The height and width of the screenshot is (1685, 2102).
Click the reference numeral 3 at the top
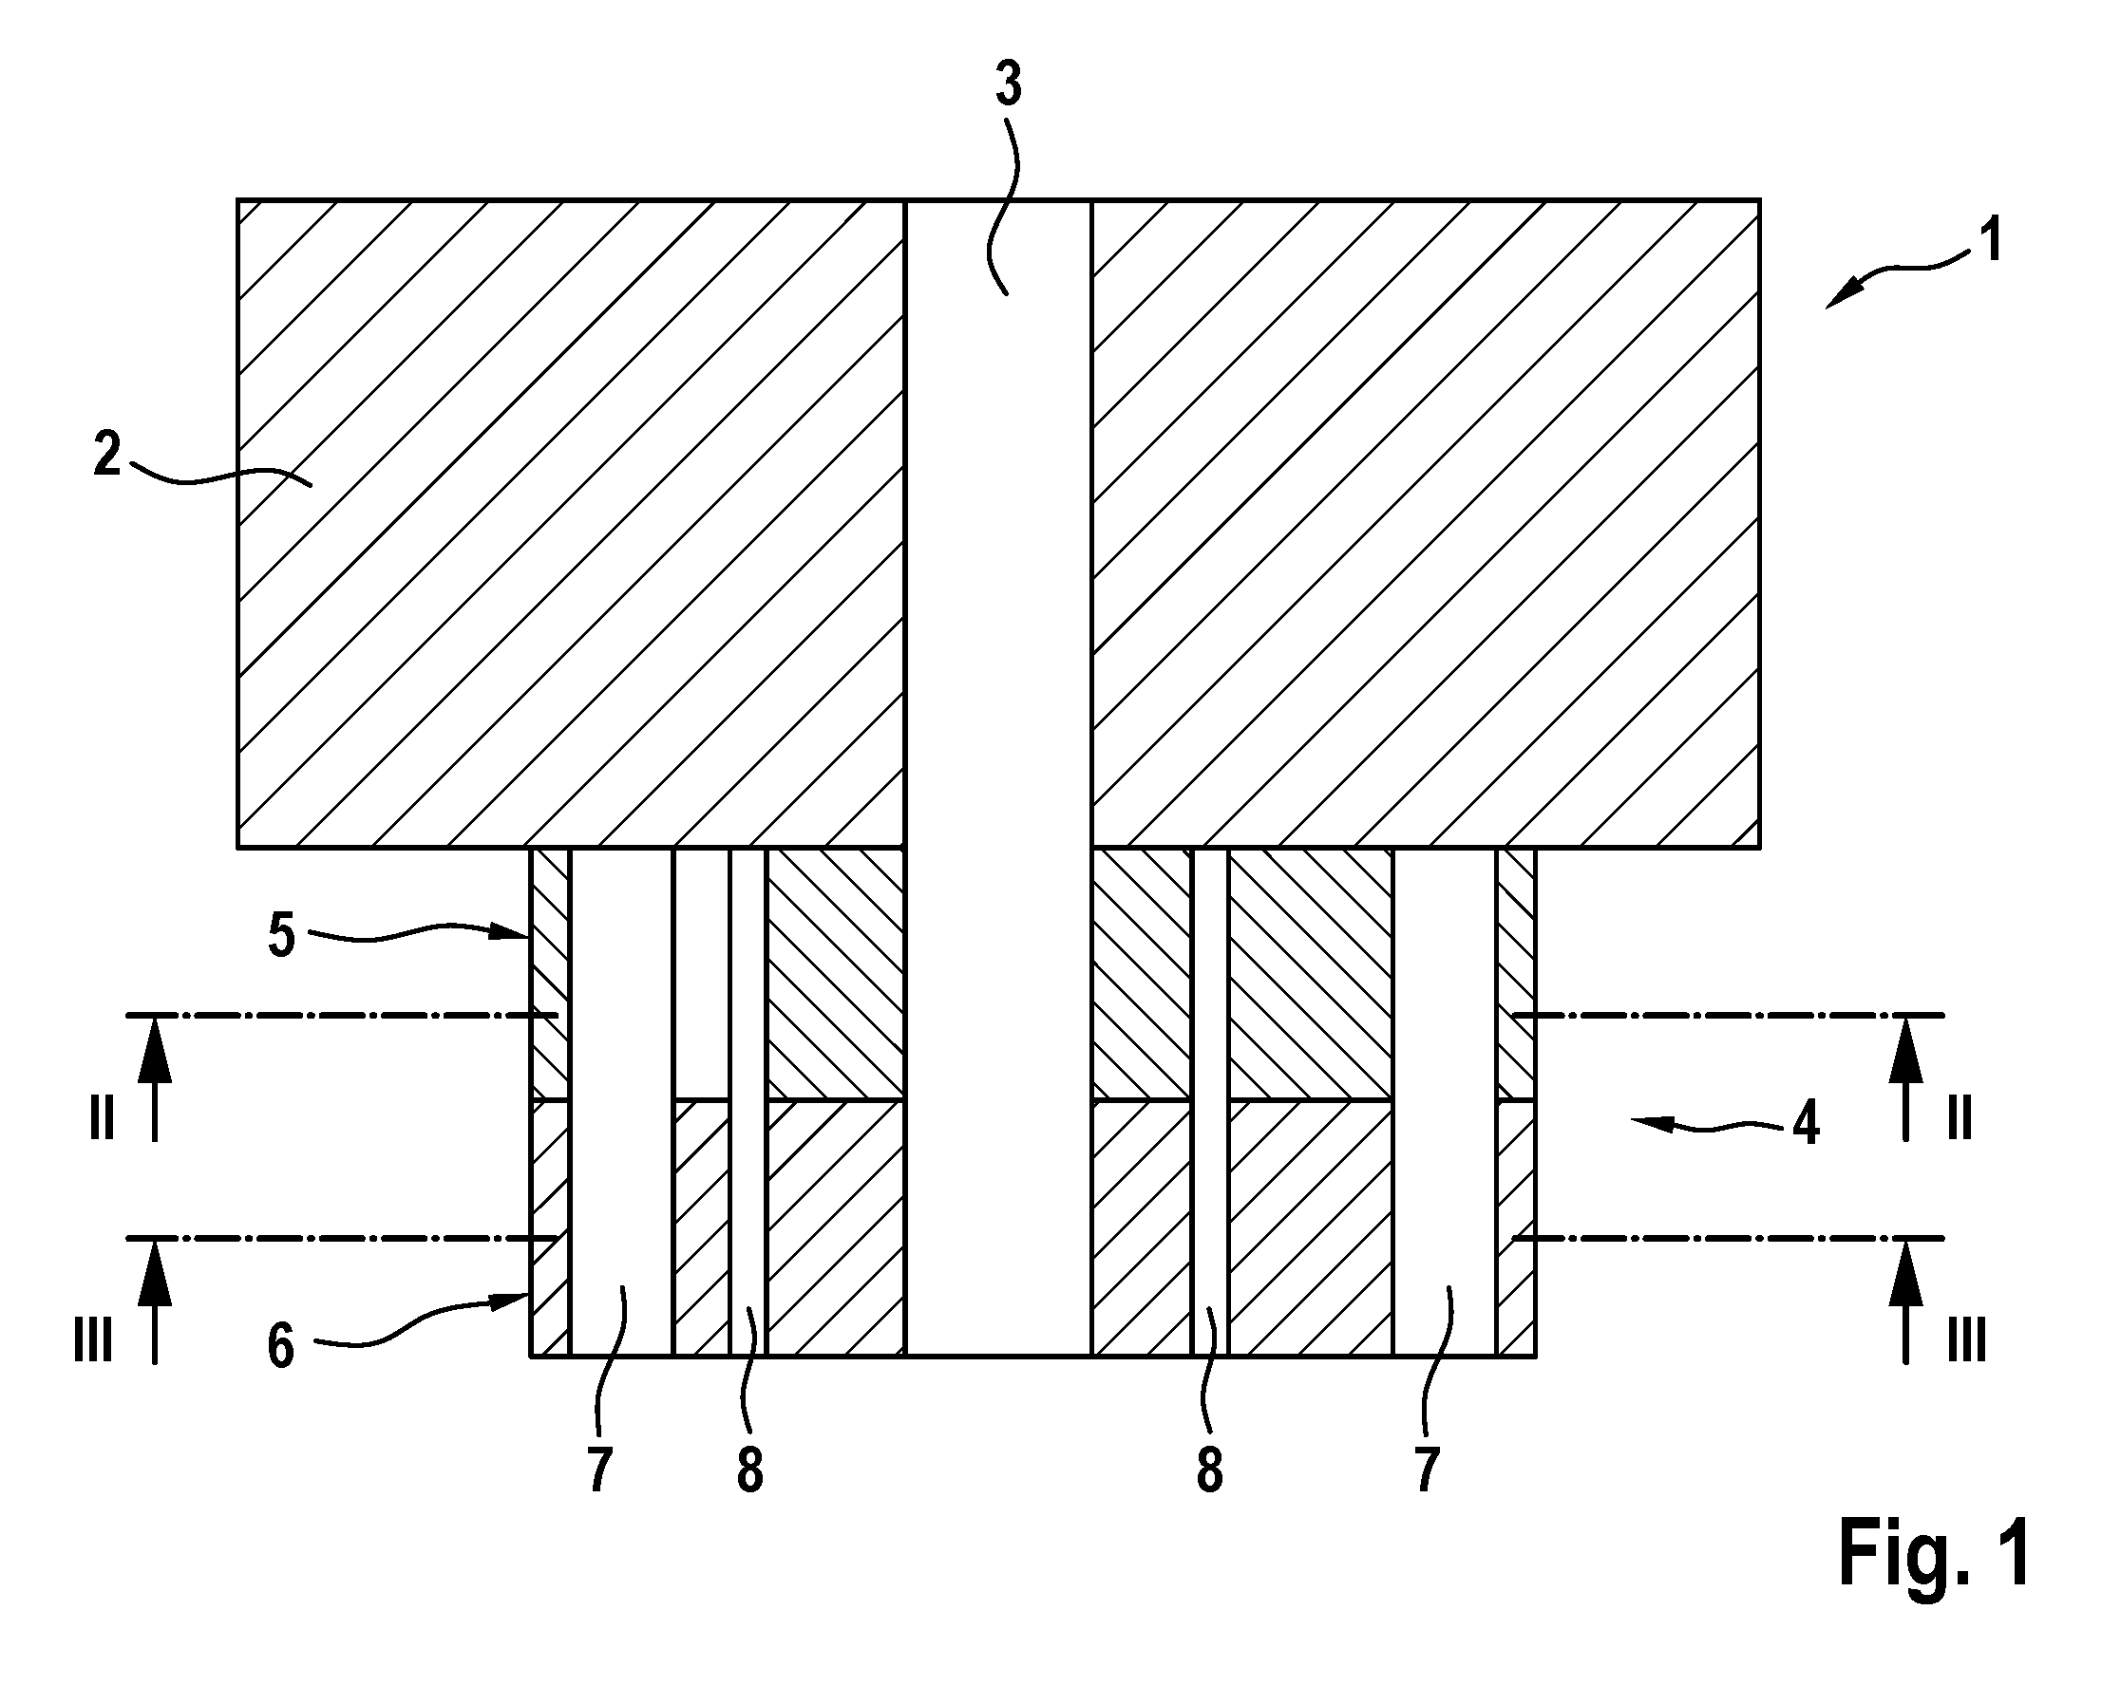click(x=1008, y=84)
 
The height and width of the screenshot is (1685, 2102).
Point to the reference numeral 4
click(x=1806, y=1123)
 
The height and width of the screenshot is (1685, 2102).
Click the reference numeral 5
click(x=281, y=936)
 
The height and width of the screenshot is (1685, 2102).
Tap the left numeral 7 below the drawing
click(x=599, y=1470)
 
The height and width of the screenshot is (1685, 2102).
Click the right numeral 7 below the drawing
click(x=1428, y=1470)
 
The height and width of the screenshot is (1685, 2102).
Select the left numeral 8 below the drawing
click(x=749, y=1470)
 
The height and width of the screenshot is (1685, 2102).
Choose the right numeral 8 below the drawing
click(x=1209, y=1470)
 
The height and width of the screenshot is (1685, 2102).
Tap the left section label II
click(x=102, y=1118)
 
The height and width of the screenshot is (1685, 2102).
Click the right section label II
click(x=1960, y=1118)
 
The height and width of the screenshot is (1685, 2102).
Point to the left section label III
click(x=94, y=1340)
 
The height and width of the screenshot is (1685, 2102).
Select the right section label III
click(x=1966, y=1340)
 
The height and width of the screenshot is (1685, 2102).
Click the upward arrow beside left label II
click(x=155, y=1077)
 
